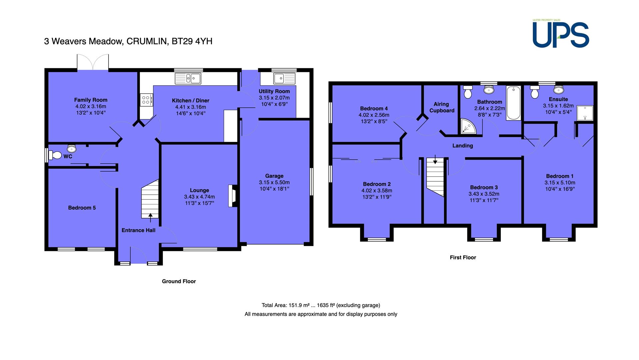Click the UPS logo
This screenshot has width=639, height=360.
click(561, 33)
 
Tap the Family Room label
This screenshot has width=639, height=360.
click(91, 100)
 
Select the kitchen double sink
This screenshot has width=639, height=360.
click(188, 78)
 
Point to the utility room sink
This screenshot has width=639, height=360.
click(284, 79)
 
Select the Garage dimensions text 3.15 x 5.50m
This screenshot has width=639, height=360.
click(274, 182)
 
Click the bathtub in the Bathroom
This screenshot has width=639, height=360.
click(513, 103)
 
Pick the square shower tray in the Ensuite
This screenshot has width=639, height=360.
click(585, 113)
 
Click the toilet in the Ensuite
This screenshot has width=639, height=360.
click(535, 92)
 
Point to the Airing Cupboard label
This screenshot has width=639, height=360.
click(442, 107)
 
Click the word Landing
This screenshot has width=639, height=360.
click(462, 146)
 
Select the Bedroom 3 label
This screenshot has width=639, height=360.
click(484, 187)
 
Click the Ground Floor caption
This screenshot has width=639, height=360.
click(179, 281)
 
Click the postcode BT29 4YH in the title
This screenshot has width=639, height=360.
click(192, 41)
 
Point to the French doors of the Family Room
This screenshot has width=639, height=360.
click(93, 62)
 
